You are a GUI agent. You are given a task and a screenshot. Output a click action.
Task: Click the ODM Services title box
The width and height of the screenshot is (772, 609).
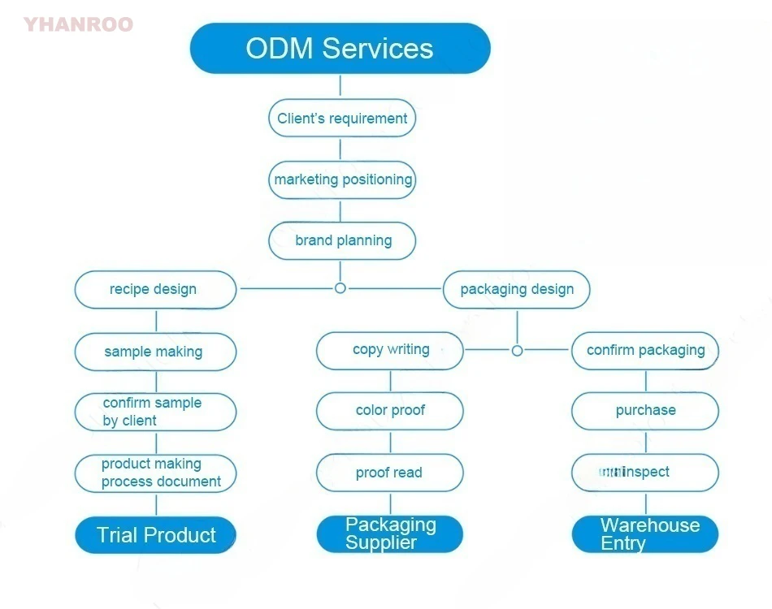point(340,48)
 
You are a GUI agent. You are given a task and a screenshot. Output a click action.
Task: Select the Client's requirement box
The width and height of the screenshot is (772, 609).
point(342,119)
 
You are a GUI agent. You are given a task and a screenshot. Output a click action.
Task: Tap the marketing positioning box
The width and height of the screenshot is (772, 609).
point(342,179)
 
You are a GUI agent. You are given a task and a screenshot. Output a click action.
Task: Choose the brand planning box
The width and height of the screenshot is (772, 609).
point(342,240)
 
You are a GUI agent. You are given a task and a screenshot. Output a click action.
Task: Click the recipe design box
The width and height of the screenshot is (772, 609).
point(155,290)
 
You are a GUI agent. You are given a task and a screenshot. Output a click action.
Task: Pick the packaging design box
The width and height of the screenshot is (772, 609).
point(516,290)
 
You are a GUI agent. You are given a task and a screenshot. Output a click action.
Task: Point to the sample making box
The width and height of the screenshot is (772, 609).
point(155,352)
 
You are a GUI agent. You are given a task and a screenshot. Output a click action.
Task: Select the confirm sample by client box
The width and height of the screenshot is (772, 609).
point(155,412)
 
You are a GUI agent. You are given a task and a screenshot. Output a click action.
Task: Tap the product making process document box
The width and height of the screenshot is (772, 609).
point(155,473)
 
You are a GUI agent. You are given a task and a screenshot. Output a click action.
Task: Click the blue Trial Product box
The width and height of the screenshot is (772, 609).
point(155,535)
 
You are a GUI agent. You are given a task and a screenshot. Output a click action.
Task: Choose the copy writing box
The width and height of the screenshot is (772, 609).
point(389,350)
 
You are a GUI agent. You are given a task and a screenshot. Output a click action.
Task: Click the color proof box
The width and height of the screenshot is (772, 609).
point(389,411)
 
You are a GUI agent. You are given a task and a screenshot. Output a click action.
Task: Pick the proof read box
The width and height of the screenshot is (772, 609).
point(389,473)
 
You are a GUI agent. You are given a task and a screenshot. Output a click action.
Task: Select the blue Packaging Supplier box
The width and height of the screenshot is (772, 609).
point(389,534)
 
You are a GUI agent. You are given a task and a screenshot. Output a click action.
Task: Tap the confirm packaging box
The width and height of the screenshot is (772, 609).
point(645,350)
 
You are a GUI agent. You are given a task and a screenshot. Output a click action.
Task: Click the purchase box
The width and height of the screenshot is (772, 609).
point(645,411)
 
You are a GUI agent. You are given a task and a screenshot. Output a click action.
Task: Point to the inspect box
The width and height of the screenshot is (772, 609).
point(645,473)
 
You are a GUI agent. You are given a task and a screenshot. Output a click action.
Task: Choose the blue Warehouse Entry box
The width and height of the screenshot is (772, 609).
point(645,534)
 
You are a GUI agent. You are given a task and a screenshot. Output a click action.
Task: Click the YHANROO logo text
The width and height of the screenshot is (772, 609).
point(78,24)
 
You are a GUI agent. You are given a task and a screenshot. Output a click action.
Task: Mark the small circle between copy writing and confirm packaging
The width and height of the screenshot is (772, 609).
point(517,351)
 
